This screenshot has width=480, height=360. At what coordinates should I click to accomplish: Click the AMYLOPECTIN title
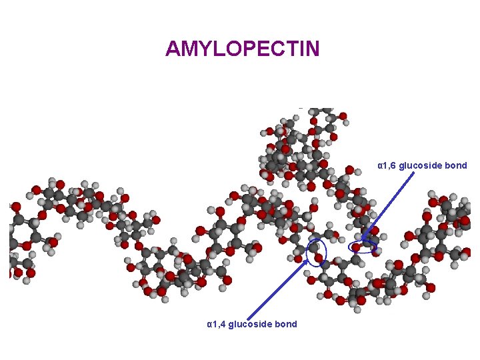(243, 49)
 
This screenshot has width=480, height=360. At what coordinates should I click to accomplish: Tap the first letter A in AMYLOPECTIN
(173, 49)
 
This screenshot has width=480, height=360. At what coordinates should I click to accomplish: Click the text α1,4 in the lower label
(216, 324)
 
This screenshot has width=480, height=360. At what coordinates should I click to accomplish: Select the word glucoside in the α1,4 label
(252, 324)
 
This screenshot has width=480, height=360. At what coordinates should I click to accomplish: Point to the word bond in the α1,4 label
(286, 324)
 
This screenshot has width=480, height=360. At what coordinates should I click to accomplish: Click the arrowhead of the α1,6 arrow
(364, 238)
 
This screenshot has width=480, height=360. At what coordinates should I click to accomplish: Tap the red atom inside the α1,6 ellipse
(357, 247)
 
